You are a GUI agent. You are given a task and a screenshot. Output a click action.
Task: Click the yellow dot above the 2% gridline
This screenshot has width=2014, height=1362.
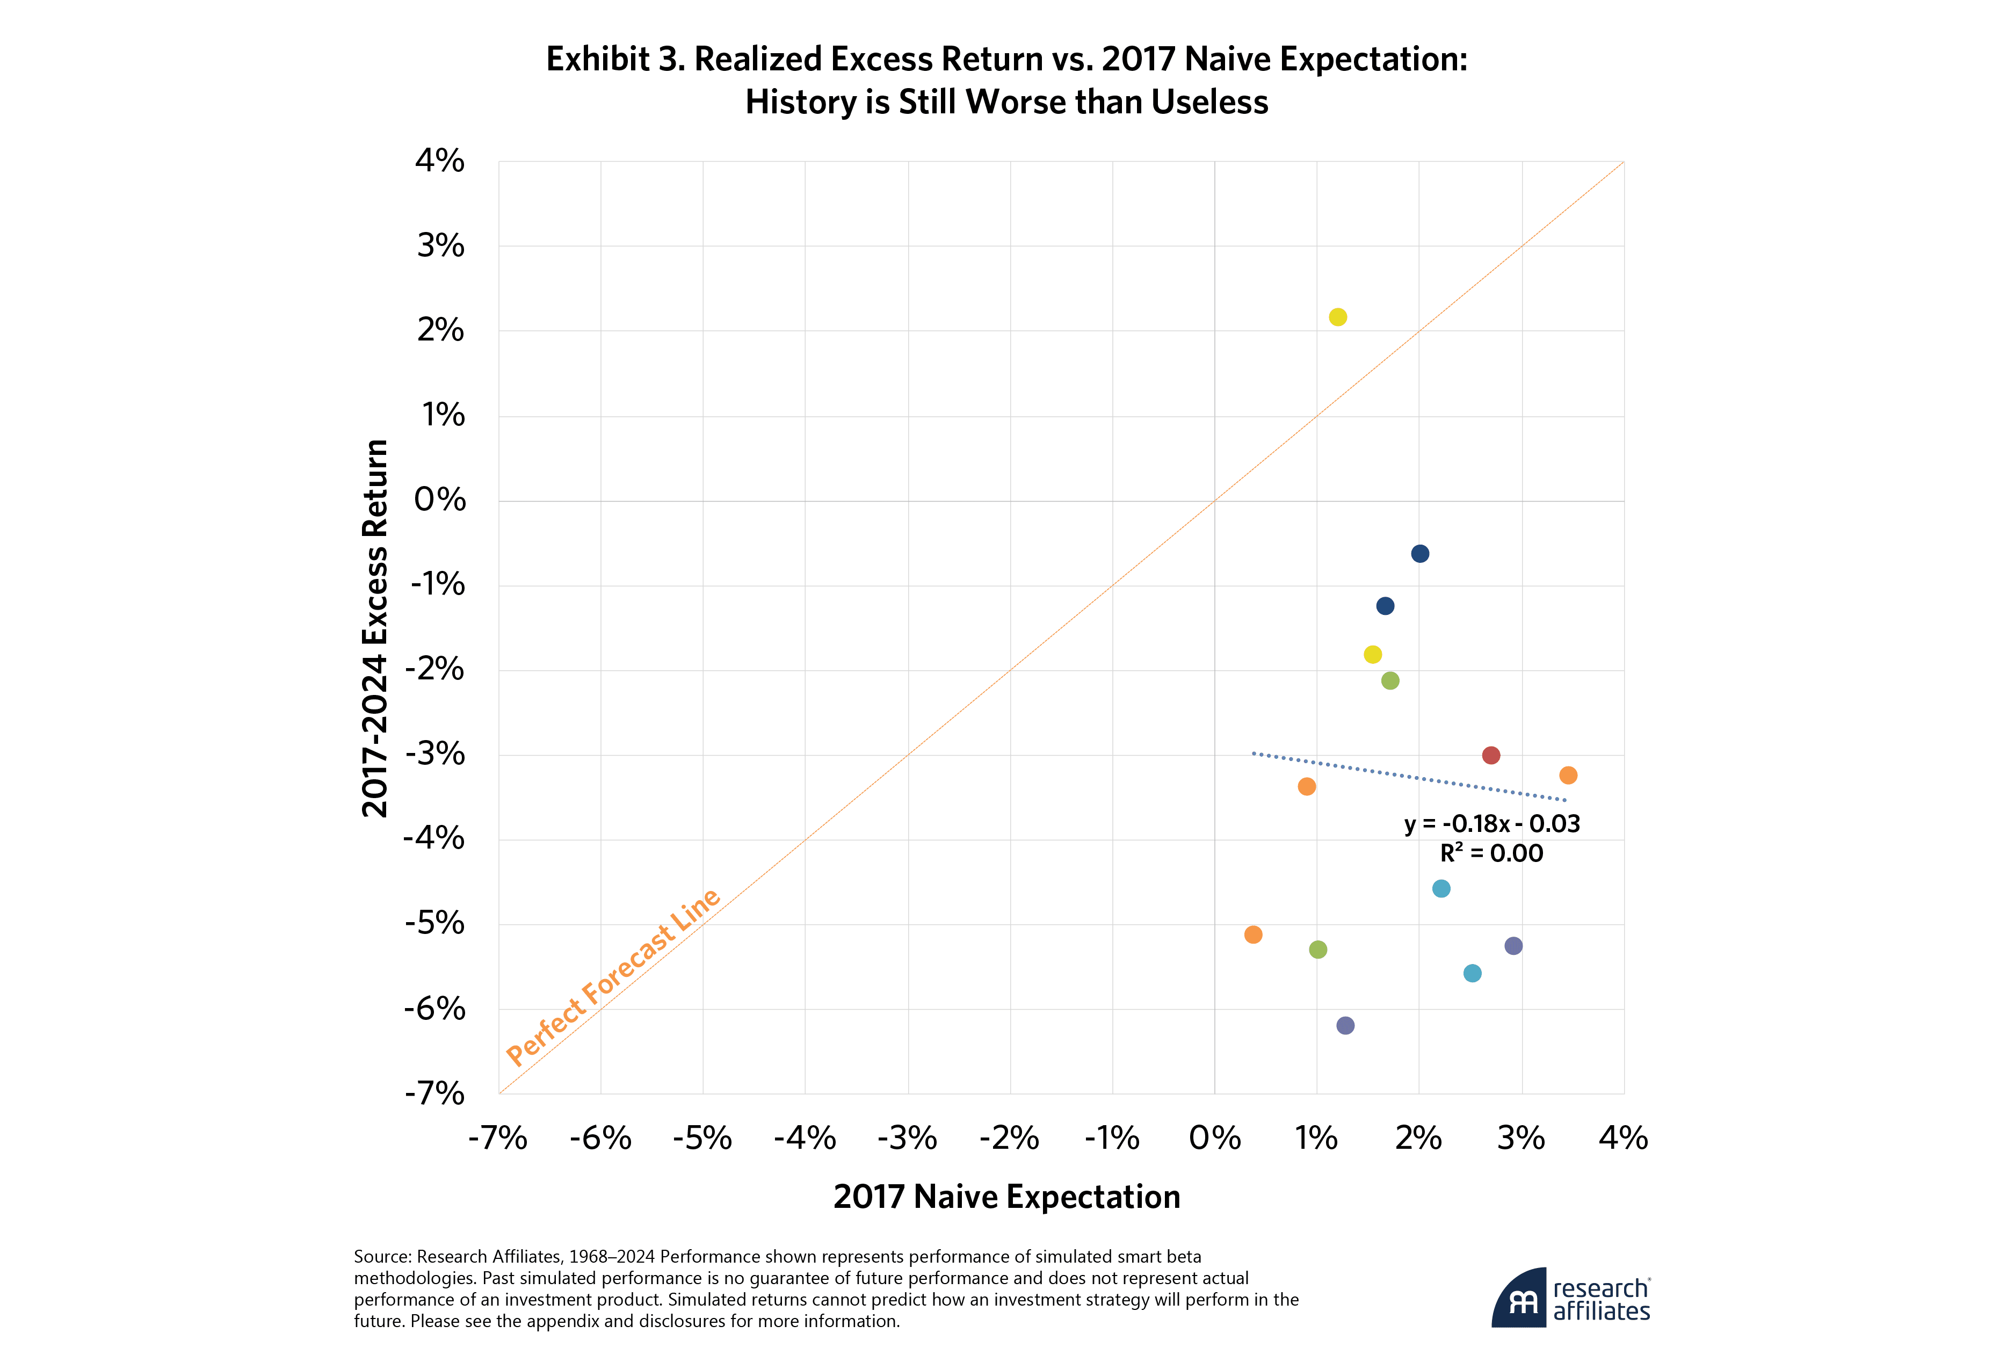point(1337,317)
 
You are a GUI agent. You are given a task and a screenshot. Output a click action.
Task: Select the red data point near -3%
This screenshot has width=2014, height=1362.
point(1490,756)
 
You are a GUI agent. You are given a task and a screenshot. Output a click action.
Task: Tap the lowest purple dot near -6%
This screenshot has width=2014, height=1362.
point(1345,1026)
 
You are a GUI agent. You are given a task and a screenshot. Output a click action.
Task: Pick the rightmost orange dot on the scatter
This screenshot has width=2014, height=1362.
point(1568,776)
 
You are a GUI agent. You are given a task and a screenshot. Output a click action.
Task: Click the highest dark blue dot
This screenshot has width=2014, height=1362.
point(1419,554)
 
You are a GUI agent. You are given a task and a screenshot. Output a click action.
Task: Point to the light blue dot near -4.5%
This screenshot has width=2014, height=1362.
point(1441,888)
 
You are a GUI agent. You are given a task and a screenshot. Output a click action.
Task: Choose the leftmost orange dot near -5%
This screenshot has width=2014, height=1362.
point(1253,935)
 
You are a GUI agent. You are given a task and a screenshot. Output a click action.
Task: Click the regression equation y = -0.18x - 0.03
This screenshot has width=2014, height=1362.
point(1491,824)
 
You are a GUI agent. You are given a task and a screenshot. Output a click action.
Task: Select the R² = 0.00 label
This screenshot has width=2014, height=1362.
point(1491,853)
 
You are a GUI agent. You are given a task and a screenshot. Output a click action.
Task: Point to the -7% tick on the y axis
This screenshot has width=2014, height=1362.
point(435,1093)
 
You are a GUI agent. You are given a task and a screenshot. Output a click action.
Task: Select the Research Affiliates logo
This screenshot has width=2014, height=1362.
point(1570,1298)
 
